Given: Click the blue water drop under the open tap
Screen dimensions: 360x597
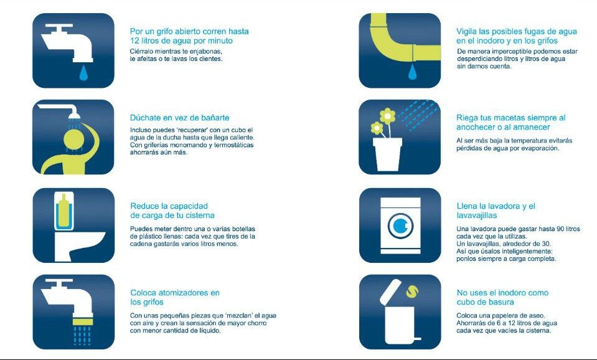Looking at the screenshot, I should [83, 73].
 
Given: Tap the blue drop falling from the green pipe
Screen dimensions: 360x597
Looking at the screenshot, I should [411, 73].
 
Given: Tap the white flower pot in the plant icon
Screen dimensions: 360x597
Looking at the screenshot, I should [387, 154].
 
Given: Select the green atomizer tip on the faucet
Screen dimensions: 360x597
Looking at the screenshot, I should [82, 311].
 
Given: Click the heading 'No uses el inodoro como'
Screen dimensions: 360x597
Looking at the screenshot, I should [502, 293].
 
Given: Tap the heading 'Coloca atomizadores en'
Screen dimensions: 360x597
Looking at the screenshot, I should [175, 293].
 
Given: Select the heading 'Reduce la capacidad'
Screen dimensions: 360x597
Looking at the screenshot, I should [169, 206].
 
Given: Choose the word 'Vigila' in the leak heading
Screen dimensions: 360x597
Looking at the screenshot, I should [468, 31].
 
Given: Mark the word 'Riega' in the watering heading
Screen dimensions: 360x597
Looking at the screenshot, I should [468, 118].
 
